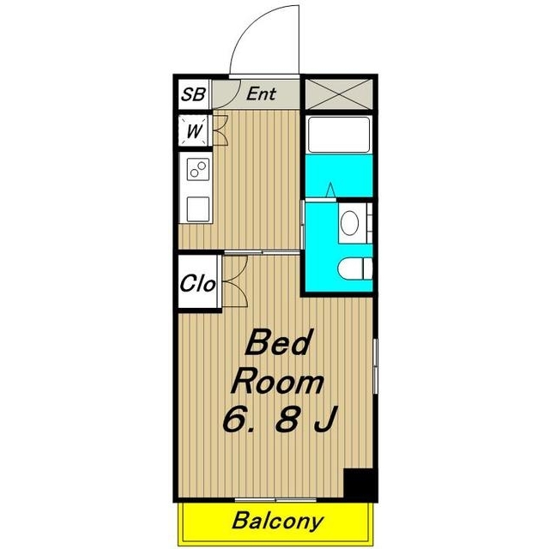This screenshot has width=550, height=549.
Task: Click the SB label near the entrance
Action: click(193, 94)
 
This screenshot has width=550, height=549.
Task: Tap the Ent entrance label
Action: click(261, 94)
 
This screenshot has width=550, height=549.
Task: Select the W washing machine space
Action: click(194, 130)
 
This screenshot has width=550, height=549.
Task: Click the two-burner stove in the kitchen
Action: click(198, 169)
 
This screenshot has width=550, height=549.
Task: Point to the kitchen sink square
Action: click(198, 209)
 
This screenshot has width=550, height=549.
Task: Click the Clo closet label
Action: click(197, 283)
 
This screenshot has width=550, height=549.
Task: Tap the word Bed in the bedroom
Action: click(278, 341)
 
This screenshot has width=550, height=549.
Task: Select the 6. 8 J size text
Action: click(280, 419)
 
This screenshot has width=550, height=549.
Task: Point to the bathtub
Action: click(338, 135)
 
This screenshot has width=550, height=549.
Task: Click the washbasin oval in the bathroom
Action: click(350, 223)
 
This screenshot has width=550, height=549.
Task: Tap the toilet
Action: click(355, 268)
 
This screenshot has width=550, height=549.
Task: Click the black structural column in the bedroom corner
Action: click(360, 486)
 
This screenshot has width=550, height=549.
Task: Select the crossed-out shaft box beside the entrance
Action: click(339, 94)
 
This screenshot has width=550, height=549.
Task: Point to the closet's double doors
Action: click(234, 281)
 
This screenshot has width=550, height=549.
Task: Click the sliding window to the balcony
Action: click(275, 500)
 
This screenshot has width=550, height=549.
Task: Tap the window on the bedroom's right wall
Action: click(376, 366)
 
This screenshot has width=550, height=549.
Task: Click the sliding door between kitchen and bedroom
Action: click(262, 252)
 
